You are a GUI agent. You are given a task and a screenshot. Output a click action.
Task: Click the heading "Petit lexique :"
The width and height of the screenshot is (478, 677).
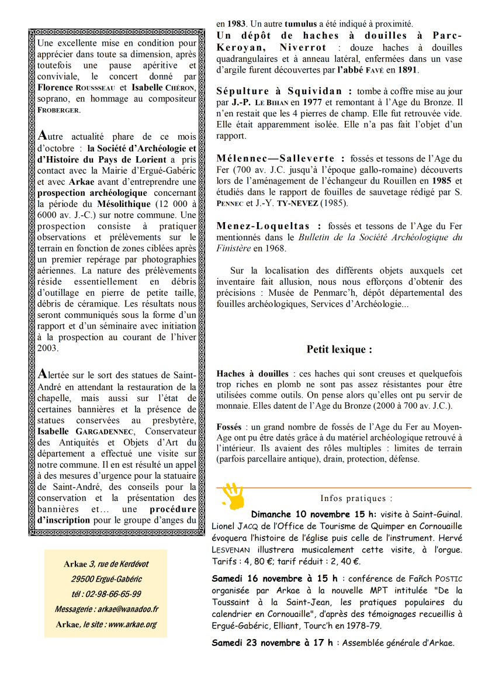(x=339, y=350)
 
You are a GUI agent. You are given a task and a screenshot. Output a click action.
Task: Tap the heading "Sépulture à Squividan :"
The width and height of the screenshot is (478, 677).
(x=284, y=91)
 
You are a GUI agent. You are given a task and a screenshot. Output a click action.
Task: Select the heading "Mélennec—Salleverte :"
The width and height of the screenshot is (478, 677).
(x=276, y=158)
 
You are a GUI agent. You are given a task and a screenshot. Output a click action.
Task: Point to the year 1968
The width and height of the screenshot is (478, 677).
(x=274, y=248)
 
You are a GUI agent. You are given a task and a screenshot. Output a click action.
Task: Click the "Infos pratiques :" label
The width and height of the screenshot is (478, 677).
(x=356, y=498)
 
